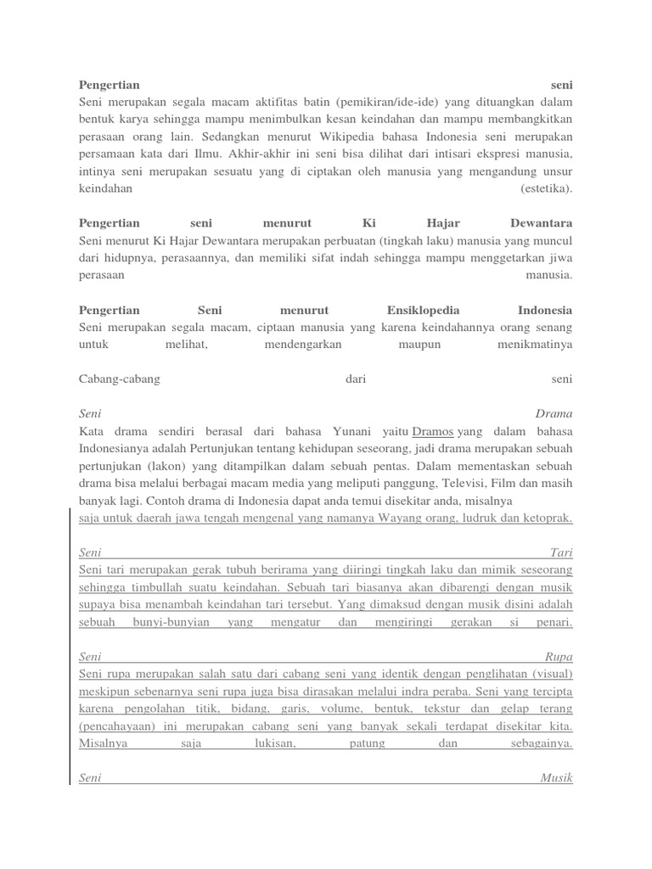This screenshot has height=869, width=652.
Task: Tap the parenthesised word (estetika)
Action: tap(547, 188)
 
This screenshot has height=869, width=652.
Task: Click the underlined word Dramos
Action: tap(432, 431)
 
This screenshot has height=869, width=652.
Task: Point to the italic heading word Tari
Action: tap(562, 552)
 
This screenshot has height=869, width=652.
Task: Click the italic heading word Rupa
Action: tap(559, 657)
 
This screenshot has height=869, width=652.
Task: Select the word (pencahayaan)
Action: tap(115, 726)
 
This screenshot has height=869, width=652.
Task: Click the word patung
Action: tap(368, 743)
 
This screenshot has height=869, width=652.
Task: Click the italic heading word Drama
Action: tap(554, 414)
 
